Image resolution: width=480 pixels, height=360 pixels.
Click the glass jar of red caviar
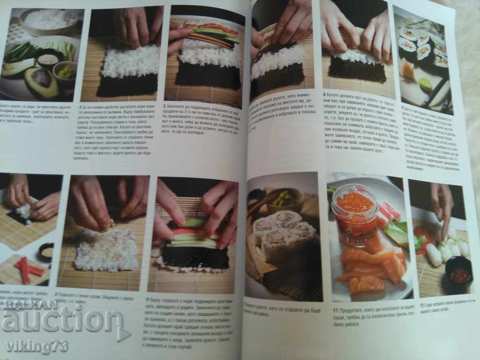click(354, 211)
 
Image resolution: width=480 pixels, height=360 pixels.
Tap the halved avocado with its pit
click(41, 82)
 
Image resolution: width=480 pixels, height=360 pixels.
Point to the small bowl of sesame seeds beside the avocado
click(48, 60)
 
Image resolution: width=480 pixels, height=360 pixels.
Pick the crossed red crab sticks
click(29, 270)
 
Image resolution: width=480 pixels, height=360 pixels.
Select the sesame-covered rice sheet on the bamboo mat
click(106, 249)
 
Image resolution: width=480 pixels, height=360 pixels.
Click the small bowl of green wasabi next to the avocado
click(67, 71)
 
